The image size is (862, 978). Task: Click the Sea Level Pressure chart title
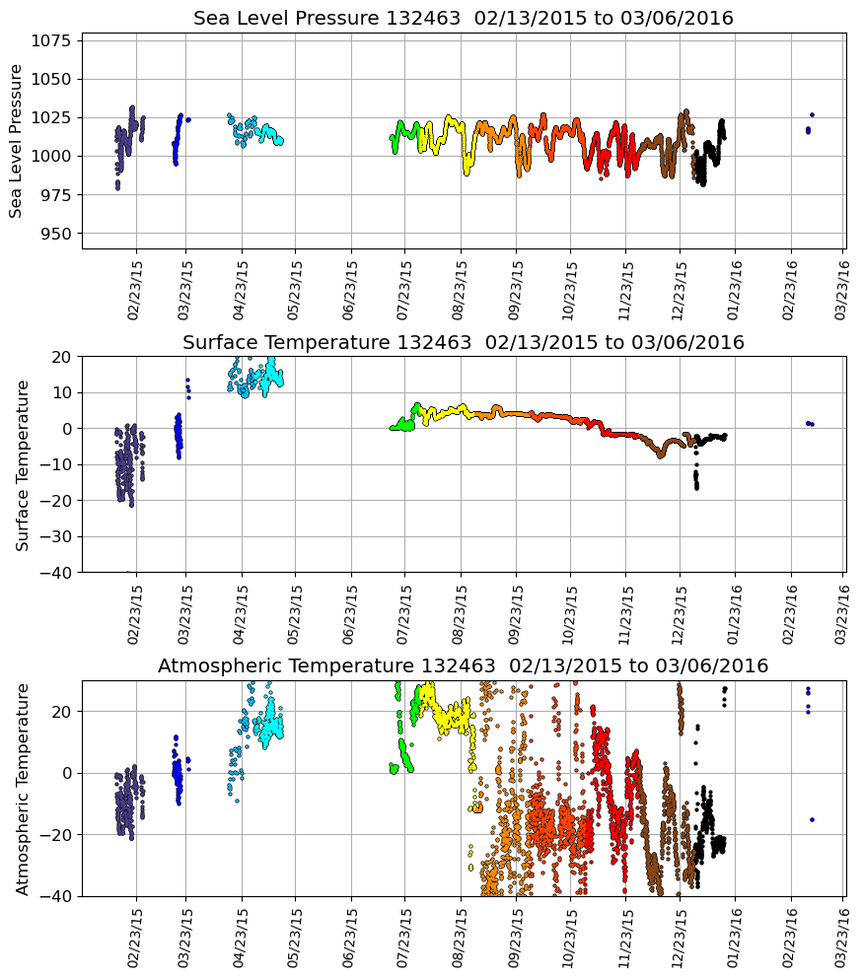pyautogui.click(x=463, y=19)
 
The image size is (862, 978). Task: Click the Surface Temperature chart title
pyautogui.click(x=463, y=343)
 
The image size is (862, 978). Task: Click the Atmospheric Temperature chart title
pyautogui.click(x=463, y=666)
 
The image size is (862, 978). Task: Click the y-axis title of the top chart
pyautogui.click(x=17, y=141)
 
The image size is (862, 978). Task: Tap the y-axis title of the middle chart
pyautogui.click(x=23, y=464)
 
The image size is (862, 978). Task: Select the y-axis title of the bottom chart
pyautogui.click(x=23, y=789)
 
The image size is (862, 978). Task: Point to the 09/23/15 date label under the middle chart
pyautogui.click(x=516, y=613)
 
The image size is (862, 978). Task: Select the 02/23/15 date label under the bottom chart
pyautogui.click(x=134, y=937)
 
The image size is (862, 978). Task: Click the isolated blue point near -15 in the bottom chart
pyautogui.click(x=812, y=819)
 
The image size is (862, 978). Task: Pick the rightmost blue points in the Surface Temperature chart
pyautogui.click(x=810, y=424)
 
